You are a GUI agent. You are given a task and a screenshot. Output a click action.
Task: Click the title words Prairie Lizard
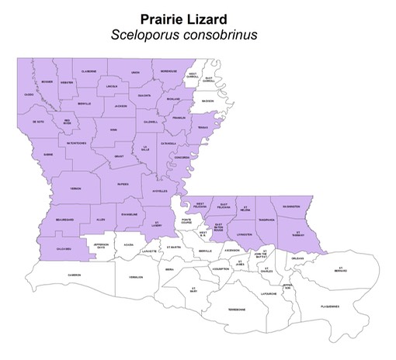(198, 17)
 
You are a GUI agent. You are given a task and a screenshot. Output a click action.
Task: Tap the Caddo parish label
(29, 95)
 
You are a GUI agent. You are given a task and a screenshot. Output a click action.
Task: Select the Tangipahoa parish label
(267, 219)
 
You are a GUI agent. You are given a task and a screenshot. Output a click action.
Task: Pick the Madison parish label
(207, 100)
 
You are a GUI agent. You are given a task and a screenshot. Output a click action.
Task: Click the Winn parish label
(113, 130)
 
